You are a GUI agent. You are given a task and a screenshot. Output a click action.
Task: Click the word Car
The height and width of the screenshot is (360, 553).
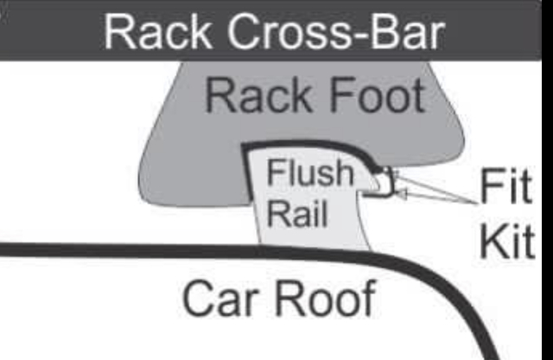(217, 298)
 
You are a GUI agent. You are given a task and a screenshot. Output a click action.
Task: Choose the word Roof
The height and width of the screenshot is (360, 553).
(324, 298)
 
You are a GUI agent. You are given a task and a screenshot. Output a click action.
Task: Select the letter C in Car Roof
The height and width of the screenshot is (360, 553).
(198, 299)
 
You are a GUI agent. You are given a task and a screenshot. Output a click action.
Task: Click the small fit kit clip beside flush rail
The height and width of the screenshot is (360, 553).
(384, 184)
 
